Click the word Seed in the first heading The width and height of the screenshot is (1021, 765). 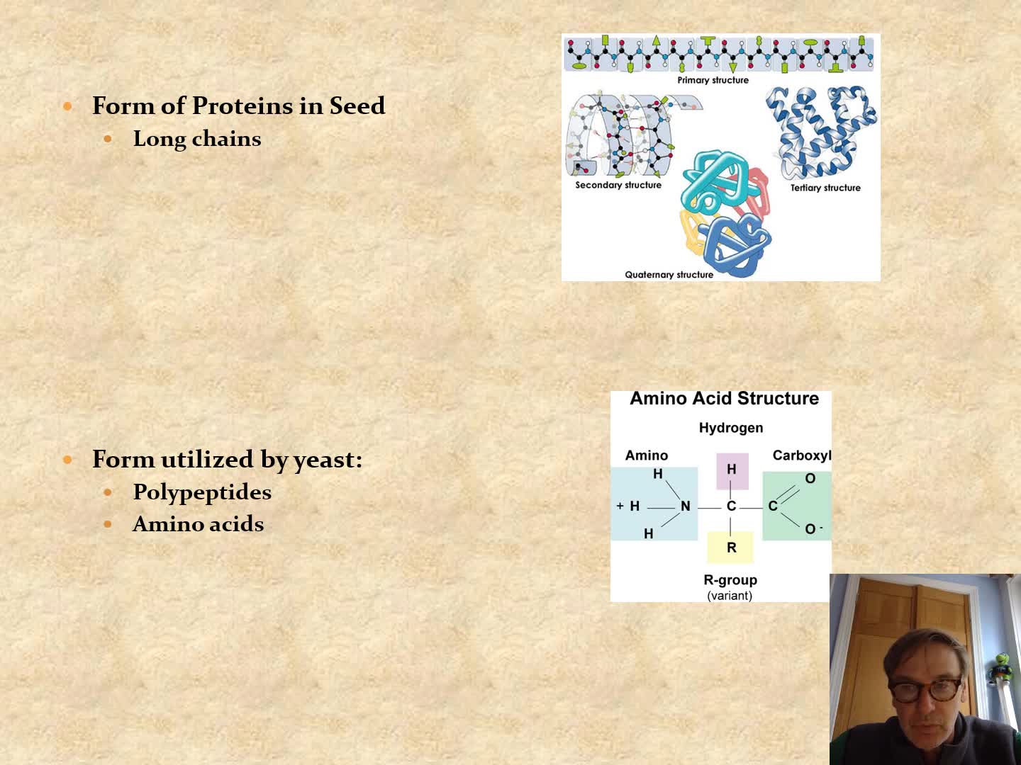357,106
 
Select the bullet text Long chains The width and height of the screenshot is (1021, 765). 197,139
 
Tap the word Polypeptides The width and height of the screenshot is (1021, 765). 202,492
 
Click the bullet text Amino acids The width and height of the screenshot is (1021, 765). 199,524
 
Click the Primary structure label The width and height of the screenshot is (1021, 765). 713,80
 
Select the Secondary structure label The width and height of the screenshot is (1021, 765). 618,185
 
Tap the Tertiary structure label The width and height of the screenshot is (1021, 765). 825,188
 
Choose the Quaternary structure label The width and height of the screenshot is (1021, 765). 669,275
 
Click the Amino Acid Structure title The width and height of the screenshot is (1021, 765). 724,399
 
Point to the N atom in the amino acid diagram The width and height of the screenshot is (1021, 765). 685,506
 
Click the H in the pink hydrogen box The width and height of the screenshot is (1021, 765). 731,470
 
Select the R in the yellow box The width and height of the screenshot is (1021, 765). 731,548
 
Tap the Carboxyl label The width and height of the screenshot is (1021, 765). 802,455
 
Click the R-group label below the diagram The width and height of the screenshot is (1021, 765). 730,580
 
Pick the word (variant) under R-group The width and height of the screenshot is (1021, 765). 730,596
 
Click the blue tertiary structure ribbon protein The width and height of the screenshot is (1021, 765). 822,132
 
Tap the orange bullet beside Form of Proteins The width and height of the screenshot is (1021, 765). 68,106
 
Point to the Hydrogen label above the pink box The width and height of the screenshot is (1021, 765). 731,428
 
